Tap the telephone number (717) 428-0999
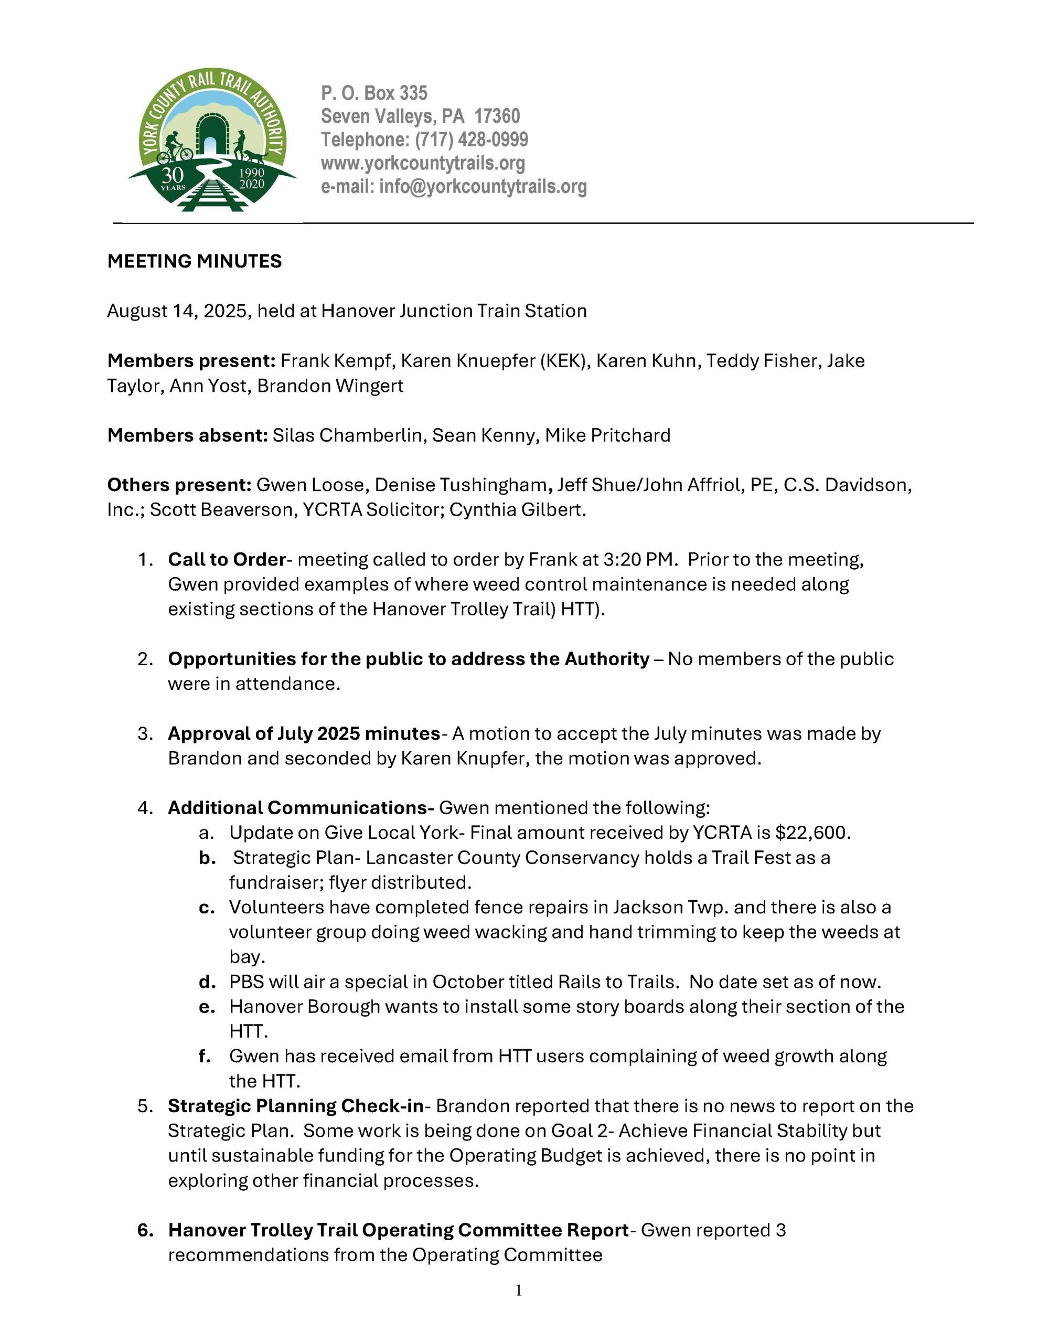tap(472, 140)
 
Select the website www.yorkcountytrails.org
tap(423, 163)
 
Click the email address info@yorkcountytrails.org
tap(483, 186)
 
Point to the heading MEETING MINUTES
tap(194, 261)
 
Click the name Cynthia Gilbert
tap(517, 510)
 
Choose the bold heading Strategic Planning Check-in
tap(296, 1106)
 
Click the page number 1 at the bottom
tap(518, 1290)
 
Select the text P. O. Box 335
tap(374, 93)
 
